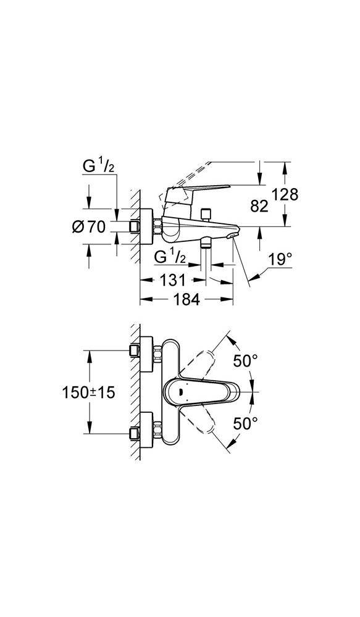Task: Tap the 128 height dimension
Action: pos(285,194)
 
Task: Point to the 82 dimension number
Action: pos(259,206)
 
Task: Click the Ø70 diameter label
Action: pos(89,226)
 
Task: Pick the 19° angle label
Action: pos(280,259)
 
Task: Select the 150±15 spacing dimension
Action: pos(89,392)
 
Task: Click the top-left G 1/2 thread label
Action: pos(98,167)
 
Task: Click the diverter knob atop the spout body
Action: pos(205,215)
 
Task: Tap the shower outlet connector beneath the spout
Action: pos(205,242)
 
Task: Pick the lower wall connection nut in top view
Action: pos(157,429)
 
